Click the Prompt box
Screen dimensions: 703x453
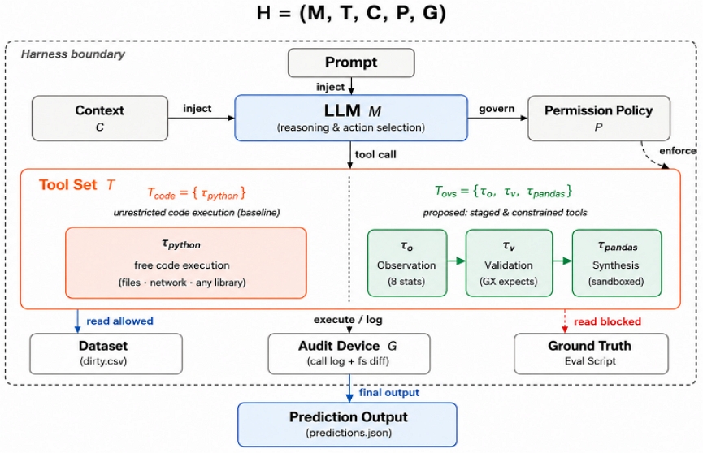(351, 63)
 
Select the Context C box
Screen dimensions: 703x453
(100, 119)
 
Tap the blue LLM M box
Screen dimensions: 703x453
(351, 118)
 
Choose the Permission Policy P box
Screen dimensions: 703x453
(599, 119)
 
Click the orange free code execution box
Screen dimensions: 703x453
(186, 262)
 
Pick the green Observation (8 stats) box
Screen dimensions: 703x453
(407, 263)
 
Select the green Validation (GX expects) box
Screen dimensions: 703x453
(509, 263)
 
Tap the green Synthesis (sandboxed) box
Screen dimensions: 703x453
(617, 263)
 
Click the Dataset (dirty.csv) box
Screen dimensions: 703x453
(106, 353)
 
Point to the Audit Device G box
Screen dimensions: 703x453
(349, 353)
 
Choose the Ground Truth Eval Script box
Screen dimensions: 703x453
(591, 353)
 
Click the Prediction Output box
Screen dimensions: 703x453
(348, 425)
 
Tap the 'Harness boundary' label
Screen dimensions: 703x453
(73, 54)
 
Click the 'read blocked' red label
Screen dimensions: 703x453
(607, 321)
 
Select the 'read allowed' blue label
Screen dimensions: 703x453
(119, 321)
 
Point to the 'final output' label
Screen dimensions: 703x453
(389, 392)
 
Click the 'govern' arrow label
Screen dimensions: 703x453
(497, 109)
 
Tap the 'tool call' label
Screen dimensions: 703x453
(375, 154)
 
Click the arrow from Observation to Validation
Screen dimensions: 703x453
(457, 261)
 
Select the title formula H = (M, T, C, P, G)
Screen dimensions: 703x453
(351, 12)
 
